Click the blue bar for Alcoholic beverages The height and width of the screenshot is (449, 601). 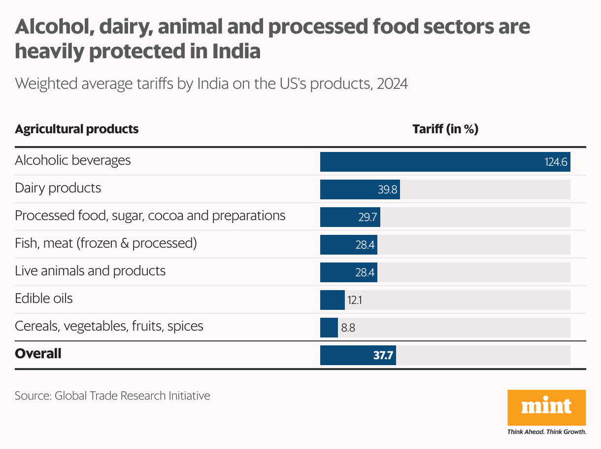pyautogui.click(x=434, y=162)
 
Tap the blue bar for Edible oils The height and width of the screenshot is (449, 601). pyautogui.click(x=332, y=300)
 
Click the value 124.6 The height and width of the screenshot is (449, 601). pyautogui.click(x=556, y=162)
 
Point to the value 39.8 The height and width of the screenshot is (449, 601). pyautogui.click(x=388, y=189)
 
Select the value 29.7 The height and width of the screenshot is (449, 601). pyautogui.click(x=368, y=217)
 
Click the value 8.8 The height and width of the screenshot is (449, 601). pyautogui.click(x=348, y=328)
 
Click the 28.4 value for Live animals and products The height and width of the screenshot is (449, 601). pyautogui.click(x=365, y=272)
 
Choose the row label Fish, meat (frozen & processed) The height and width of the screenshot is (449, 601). pyautogui.click(x=106, y=243)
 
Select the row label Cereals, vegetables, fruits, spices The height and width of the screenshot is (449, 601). pyautogui.click(x=109, y=326)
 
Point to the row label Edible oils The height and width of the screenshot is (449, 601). pyautogui.click(x=44, y=299)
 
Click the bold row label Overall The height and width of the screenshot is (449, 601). pyautogui.click(x=38, y=354)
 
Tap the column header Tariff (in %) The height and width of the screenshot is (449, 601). pyautogui.click(x=445, y=129)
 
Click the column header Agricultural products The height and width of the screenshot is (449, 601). pyautogui.click(x=77, y=129)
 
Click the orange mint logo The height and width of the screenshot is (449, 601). pyautogui.click(x=546, y=408)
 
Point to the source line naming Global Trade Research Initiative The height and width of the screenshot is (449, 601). pyautogui.click(x=112, y=396)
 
